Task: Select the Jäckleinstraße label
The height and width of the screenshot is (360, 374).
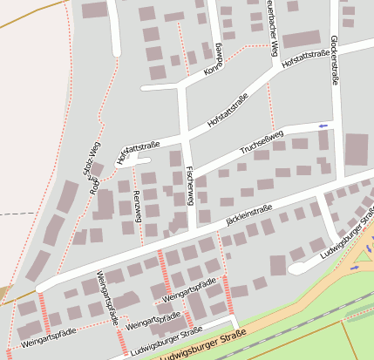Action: click(x=249, y=214)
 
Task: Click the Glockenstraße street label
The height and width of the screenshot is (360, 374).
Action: click(x=335, y=59)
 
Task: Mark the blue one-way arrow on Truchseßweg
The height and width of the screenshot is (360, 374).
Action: click(x=323, y=126)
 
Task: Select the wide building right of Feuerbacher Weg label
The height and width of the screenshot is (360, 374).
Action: click(x=302, y=39)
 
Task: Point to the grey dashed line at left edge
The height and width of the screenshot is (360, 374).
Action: click(x=17, y=213)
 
